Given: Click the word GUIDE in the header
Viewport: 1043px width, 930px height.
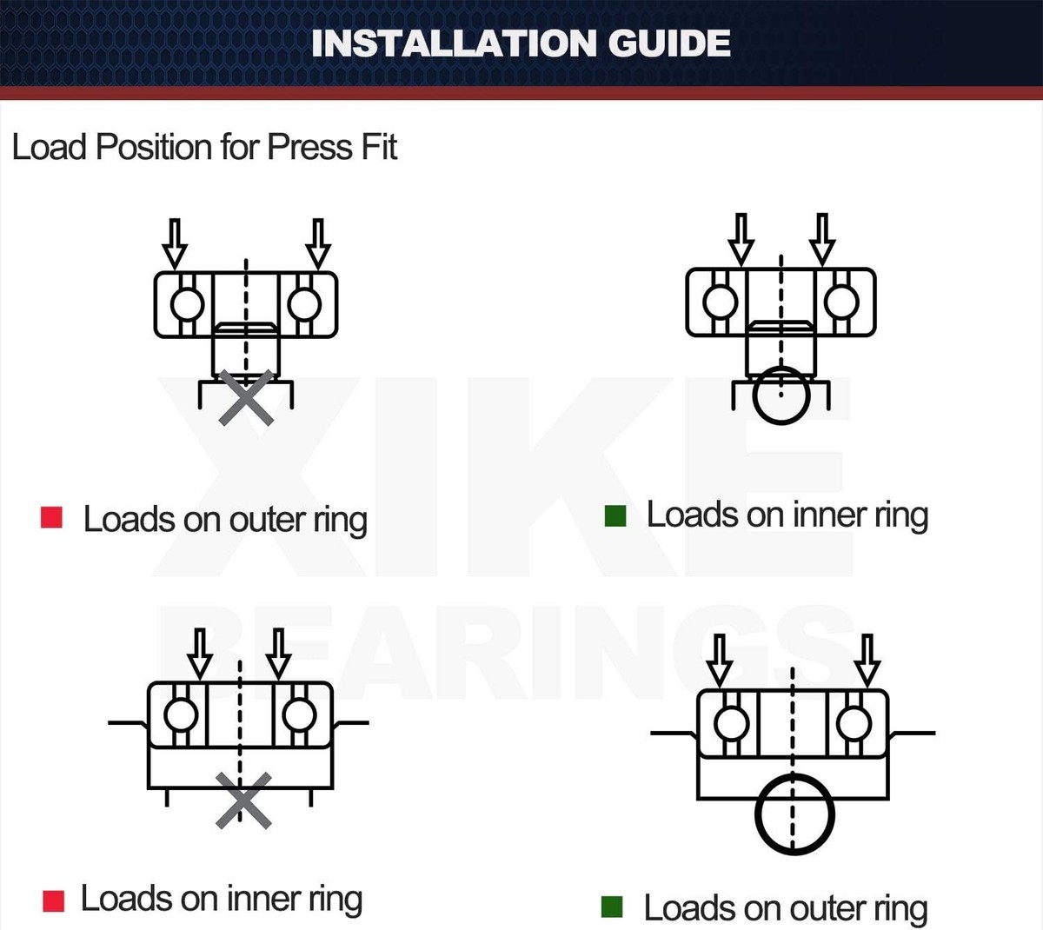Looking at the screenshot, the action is coord(669,43).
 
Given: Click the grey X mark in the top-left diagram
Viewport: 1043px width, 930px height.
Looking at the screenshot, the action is coord(246,397).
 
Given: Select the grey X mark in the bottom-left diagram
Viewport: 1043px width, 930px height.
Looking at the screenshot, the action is coord(243,800).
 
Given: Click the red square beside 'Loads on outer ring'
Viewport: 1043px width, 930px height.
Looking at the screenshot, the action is coord(51,517).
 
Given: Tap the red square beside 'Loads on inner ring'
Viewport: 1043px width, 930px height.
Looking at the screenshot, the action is coord(54,901).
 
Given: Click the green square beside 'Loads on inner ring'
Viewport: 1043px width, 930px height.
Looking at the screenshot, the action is coord(615,515).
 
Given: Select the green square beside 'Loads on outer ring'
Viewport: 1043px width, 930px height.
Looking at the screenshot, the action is coord(612,907).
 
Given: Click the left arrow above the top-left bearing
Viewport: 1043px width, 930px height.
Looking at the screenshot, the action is coord(175,243).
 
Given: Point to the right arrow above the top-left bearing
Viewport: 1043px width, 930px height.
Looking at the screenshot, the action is coord(318,243).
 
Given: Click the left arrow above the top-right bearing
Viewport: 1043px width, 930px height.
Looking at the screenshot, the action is coord(741,239).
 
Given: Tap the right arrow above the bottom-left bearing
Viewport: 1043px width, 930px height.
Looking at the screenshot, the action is coord(278,654).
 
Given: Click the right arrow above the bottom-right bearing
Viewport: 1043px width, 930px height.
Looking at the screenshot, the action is coord(867,661).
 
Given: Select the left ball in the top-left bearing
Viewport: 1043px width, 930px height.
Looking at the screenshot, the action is coord(187,304).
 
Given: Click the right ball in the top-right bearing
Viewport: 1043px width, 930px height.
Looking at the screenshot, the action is coord(841,302).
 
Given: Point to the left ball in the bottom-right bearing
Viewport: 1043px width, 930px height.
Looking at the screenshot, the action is coord(732,723).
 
